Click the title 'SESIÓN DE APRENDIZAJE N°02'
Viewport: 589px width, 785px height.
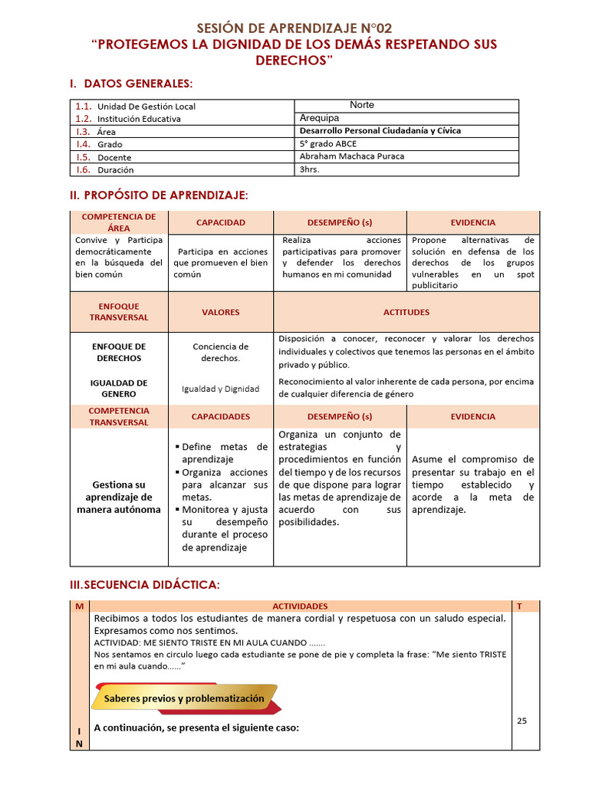[x=294, y=28]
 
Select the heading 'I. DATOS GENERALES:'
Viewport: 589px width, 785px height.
[x=131, y=83]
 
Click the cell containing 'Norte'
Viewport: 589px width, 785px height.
[x=362, y=105]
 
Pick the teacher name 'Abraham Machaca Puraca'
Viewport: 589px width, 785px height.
[x=352, y=156]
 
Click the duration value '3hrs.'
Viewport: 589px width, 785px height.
[x=310, y=169]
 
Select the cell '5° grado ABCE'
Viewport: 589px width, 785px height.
[x=328, y=143]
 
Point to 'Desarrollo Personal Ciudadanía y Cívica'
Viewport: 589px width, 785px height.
[x=380, y=131]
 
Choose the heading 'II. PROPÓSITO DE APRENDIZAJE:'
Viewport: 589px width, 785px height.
[x=159, y=196]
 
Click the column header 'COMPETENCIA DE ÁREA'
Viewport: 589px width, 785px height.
[x=119, y=222]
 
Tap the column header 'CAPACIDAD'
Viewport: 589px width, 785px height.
[x=221, y=222]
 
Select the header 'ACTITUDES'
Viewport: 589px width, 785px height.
[x=406, y=312]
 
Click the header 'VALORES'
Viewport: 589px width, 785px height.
[x=221, y=312]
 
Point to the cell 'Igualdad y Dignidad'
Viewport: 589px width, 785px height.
[x=221, y=389]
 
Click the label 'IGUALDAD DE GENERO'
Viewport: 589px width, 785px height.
[x=119, y=389]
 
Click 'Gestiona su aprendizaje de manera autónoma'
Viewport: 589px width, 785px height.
[x=119, y=497]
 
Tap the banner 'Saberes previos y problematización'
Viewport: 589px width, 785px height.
[x=184, y=698]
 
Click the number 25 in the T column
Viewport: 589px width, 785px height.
[x=522, y=721]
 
